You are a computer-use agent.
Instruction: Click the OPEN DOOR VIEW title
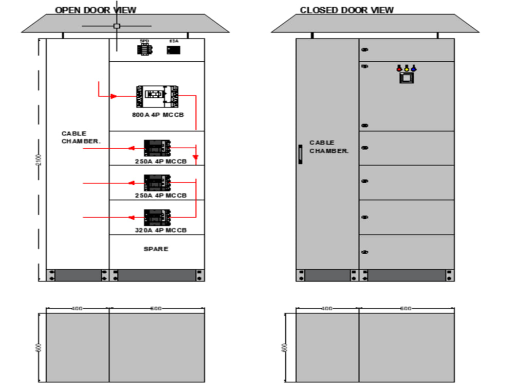[96, 10]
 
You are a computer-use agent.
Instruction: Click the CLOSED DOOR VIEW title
[347, 10]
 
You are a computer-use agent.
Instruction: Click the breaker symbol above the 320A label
[157, 217]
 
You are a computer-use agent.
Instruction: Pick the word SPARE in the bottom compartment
[156, 249]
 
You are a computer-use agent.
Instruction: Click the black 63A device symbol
[174, 50]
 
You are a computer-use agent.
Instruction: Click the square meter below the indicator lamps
[406, 78]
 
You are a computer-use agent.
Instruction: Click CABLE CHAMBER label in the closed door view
[328, 147]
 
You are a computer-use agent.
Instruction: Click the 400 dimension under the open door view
[77, 308]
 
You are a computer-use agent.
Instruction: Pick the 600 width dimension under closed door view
[406, 308]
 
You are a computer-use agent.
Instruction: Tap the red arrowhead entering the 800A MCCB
[114, 96]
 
